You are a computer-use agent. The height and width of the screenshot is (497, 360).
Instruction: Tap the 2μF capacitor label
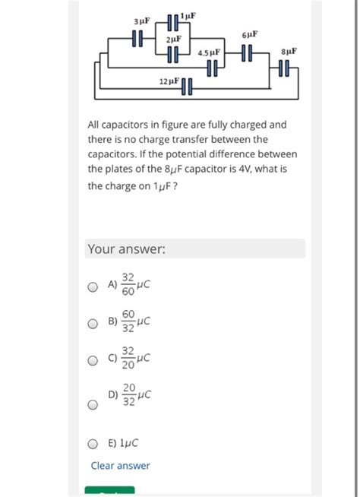click(174, 38)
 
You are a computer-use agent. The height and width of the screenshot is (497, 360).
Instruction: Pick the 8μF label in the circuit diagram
click(289, 52)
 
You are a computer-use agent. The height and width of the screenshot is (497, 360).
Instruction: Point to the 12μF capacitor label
click(169, 81)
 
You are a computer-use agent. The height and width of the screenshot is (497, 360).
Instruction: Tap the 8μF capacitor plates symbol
click(284, 71)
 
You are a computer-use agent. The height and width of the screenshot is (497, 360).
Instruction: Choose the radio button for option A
click(93, 288)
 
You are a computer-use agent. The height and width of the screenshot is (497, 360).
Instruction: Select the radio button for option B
click(93, 324)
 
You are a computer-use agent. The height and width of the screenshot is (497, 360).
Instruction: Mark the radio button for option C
click(93, 361)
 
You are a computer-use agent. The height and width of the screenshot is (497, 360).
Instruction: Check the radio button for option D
click(93, 405)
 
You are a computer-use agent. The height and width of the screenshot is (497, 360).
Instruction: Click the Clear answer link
click(120, 466)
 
